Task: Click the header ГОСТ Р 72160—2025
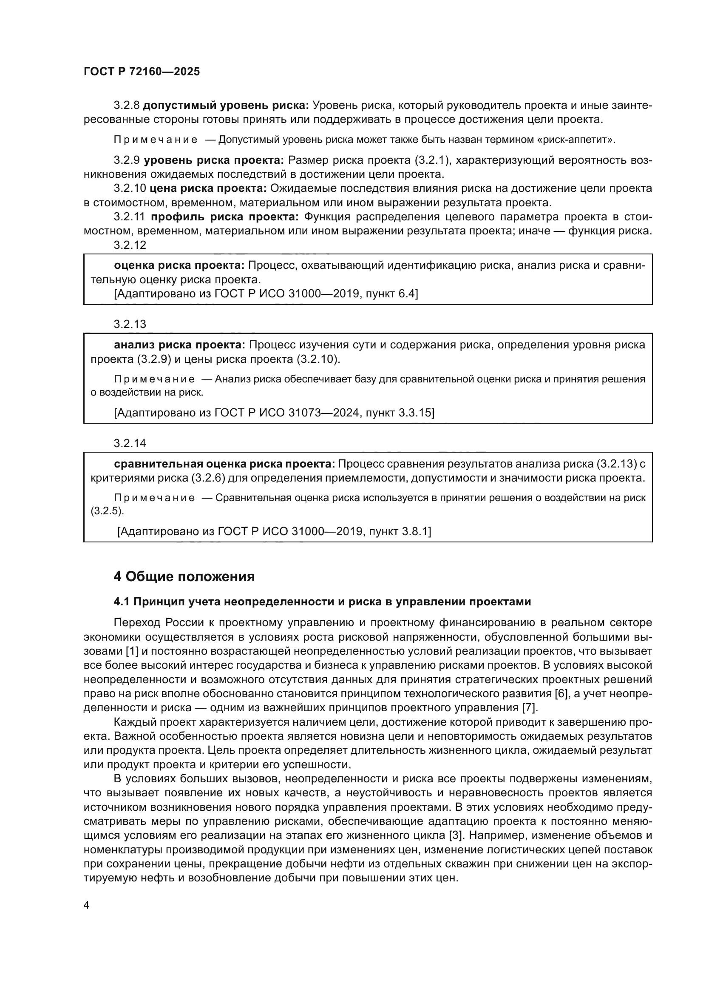tap(142, 71)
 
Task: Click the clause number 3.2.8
tap(126, 105)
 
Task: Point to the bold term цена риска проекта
tap(208, 188)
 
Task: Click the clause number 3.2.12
tap(130, 245)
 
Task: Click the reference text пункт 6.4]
tap(392, 294)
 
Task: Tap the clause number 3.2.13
tap(130, 324)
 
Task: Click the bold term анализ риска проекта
tap(179, 345)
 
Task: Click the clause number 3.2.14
tap(130, 443)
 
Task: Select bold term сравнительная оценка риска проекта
tap(224, 464)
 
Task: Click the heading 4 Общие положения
tap(184, 577)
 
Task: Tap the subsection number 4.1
tap(122, 602)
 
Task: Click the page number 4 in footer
tap(87, 906)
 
